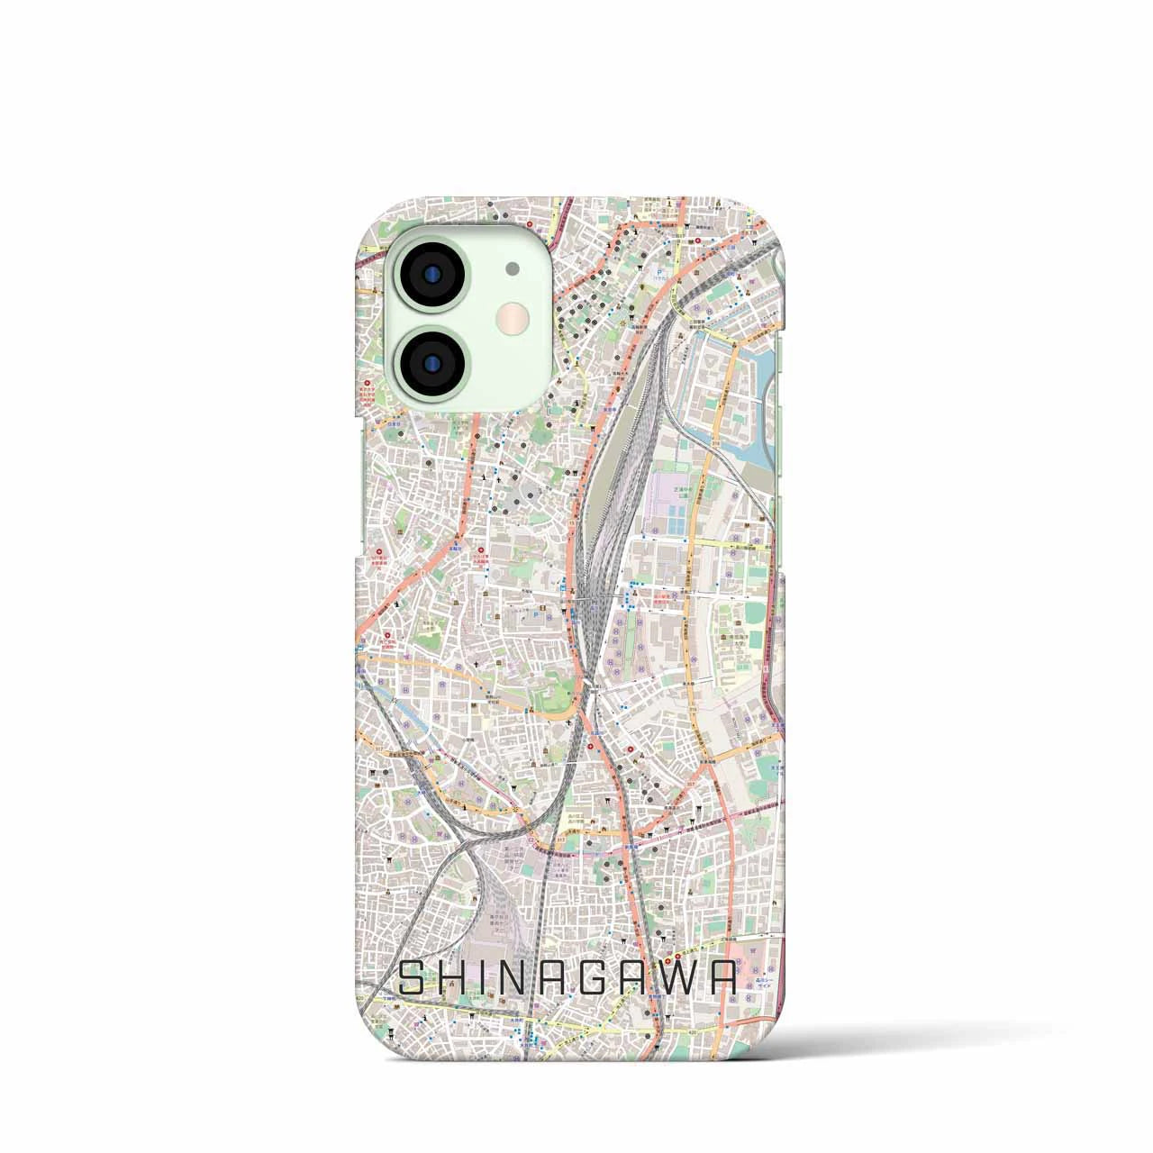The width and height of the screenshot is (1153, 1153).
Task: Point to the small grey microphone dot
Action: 513,267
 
